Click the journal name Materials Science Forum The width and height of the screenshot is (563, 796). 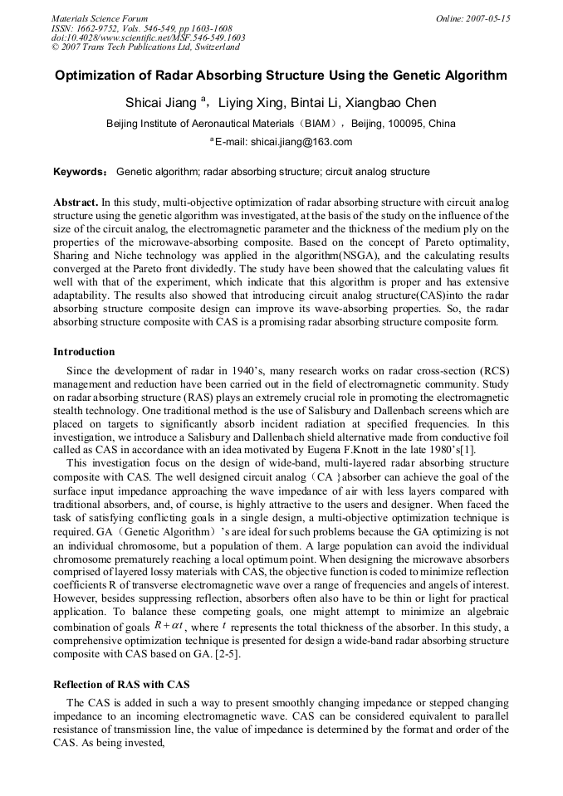(100, 18)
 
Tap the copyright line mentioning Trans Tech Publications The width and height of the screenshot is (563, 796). (145, 47)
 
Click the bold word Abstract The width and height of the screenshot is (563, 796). (76, 203)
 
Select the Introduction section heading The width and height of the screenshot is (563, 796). (84, 352)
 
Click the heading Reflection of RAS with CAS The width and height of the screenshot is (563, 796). (122, 684)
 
